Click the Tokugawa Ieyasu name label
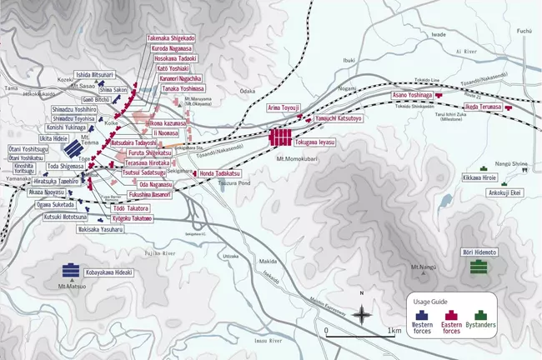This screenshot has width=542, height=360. [314, 143]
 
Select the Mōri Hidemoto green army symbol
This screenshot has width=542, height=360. [478, 266]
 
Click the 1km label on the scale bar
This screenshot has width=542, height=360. [395, 331]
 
